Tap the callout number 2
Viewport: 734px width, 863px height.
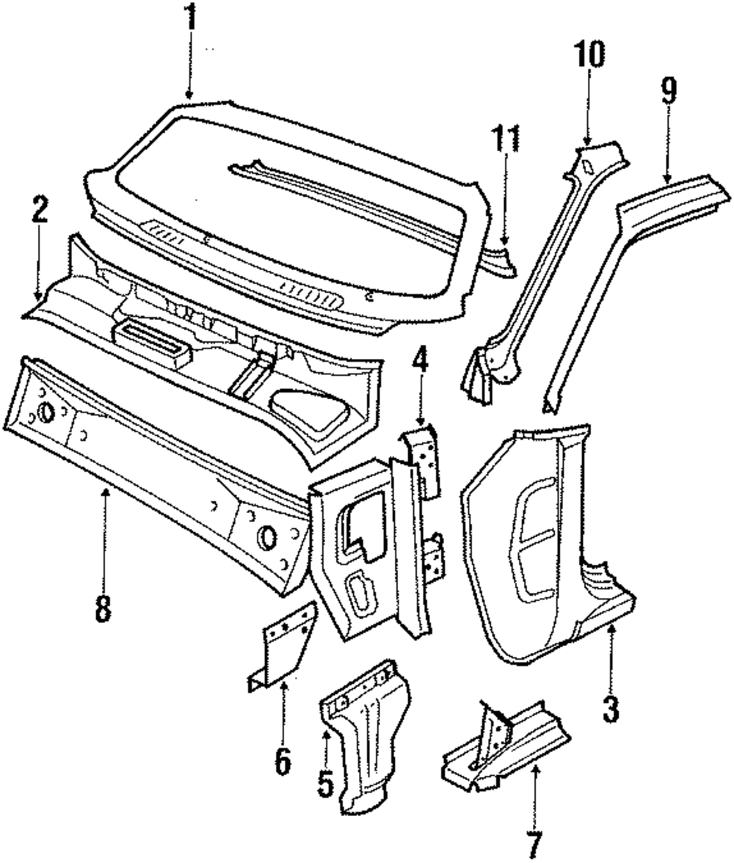coord(40,211)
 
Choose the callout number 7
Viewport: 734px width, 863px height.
coord(534,842)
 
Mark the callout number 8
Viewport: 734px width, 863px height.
coord(103,607)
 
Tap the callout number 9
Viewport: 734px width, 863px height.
coord(668,92)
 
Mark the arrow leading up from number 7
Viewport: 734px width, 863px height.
coord(534,793)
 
